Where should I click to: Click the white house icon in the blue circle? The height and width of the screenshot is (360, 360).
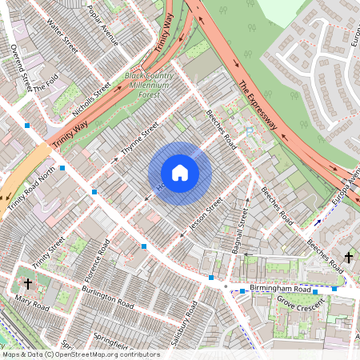point(180,173)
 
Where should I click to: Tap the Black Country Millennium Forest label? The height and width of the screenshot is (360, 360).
point(147,84)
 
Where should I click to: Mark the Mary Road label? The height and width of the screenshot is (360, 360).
point(32,302)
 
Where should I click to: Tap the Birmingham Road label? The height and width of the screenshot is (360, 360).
point(280,287)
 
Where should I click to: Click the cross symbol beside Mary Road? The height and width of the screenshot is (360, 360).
point(28,283)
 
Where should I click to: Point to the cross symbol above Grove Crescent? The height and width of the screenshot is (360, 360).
point(348,257)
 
